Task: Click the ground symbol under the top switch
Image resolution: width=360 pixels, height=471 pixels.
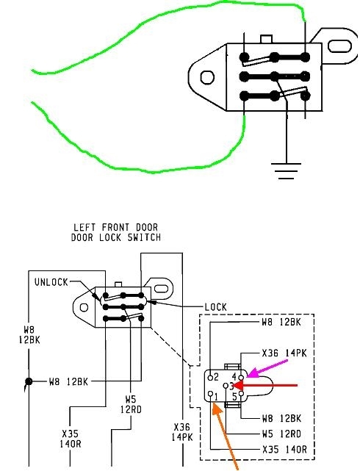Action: coord(286,170)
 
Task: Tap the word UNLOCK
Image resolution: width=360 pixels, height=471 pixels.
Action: coord(51,282)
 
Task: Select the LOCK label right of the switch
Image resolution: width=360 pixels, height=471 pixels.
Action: coord(215,307)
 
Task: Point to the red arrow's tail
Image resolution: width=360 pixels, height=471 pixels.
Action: coord(297,385)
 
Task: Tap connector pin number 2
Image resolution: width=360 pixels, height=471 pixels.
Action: coord(211,377)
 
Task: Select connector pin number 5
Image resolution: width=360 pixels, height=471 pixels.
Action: coord(241,394)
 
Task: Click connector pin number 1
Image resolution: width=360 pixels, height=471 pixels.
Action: coord(211,394)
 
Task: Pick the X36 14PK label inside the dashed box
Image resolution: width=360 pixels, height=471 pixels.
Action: coord(284,353)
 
